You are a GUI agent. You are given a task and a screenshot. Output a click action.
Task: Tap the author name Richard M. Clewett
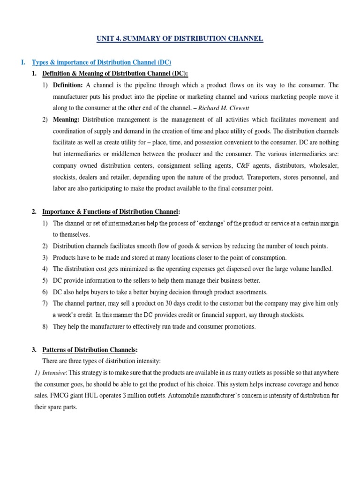pos(229,108)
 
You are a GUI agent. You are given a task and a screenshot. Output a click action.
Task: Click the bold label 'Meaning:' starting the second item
pos(67,120)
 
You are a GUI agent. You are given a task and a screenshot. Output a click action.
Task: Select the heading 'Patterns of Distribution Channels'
pos(90,350)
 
